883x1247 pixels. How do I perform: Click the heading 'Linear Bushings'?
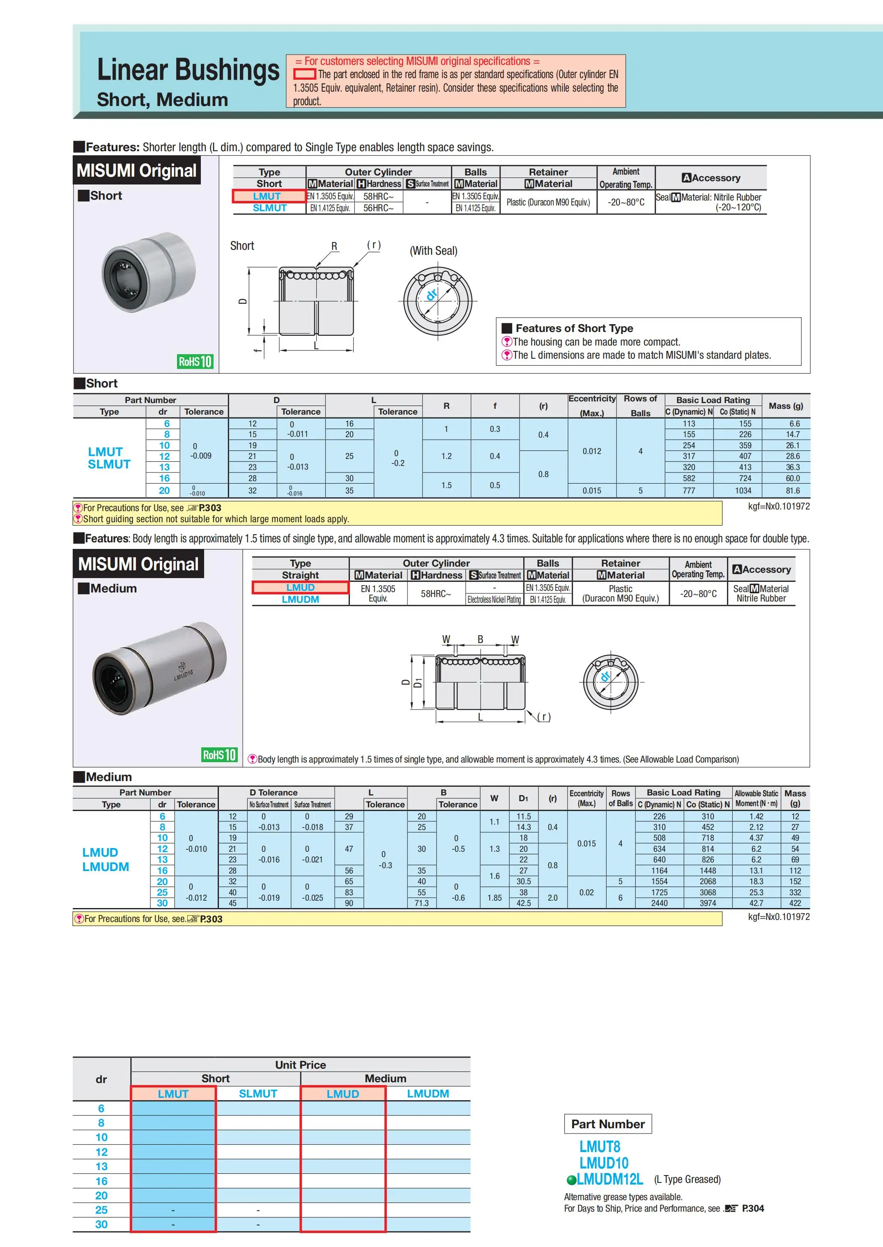[x=188, y=71]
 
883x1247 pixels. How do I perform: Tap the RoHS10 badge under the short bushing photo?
[x=195, y=362]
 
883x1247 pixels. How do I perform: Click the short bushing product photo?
[x=148, y=272]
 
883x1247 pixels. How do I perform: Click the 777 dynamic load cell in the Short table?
[x=688, y=491]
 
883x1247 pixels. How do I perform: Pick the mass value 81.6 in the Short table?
[x=792, y=491]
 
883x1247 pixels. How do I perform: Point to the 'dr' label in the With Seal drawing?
[x=432, y=295]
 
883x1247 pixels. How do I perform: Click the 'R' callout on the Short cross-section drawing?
[x=334, y=247]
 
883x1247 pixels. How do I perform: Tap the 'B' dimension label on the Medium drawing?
[x=480, y=640]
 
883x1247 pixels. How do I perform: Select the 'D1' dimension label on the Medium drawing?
[x=418, y=682]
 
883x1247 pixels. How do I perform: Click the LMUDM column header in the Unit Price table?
[x=428, y=1094]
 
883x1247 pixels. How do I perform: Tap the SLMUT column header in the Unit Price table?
[x=258, y=1094]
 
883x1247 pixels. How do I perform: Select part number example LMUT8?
[x=599, y=1147]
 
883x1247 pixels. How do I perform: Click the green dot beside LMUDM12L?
[x=571, y=1180]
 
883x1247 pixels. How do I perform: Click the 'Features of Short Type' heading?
[x=574, y=328]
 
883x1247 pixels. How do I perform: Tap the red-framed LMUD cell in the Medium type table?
[x=300, y=587]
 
